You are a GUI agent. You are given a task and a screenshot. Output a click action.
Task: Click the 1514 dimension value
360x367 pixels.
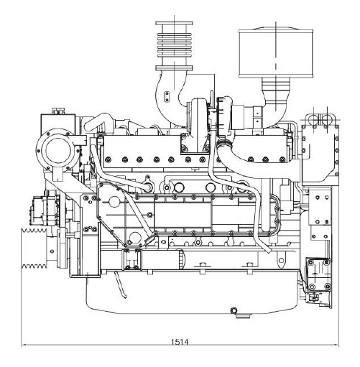[x=180, y=342]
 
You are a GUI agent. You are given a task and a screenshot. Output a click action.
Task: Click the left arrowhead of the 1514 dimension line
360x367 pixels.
[x=24, y=345]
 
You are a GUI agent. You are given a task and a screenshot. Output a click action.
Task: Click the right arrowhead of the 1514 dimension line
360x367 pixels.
[x=336, y=345]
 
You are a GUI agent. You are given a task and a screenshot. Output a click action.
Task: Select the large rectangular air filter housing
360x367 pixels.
[x=276, y=53]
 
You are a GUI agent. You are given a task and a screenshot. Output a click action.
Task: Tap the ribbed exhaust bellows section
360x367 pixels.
[x=174, y=45]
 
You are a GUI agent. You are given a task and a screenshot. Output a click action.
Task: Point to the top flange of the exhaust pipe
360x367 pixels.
[x=174, y=24]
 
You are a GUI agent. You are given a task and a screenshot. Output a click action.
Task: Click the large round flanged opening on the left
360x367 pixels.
[x=58, y=149]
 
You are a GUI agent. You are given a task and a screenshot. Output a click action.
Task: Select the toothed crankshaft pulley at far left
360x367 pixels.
[x=34, y=248]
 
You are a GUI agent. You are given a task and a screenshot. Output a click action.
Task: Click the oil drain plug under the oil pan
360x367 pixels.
[x=234, y=311]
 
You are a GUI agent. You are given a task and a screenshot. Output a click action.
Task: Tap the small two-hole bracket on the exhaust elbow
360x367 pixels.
[x=167, y=96]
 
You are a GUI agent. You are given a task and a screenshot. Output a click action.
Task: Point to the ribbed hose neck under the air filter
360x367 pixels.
[x=276, y=86]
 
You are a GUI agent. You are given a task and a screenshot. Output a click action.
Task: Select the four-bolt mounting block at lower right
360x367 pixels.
[x=319, y=274]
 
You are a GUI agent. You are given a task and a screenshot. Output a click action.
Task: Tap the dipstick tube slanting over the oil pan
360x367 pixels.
[x=120, y=285]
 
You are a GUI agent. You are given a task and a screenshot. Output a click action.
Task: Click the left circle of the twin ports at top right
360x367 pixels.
[x=313, y=119]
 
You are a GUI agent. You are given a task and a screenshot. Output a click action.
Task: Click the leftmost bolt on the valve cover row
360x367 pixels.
[x=108, y=159]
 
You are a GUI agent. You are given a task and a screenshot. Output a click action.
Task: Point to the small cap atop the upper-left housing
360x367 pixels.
[x=58, y=111]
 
